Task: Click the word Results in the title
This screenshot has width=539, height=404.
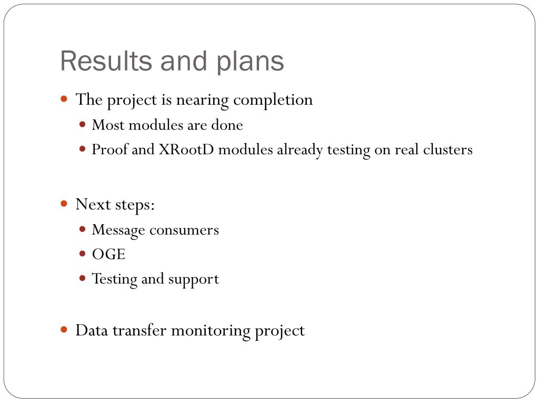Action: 106,61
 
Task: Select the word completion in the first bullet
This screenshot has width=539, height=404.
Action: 273,100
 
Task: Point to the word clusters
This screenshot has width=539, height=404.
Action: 447,149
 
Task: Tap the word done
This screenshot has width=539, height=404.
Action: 227,125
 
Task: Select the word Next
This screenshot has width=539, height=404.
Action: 93,205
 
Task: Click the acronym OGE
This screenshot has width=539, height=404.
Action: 108,255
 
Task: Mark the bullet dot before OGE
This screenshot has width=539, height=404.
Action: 82,254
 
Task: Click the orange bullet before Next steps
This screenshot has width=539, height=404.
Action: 64,204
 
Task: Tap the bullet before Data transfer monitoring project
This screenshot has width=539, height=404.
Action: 64,330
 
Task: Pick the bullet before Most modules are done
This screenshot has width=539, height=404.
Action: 82,124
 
